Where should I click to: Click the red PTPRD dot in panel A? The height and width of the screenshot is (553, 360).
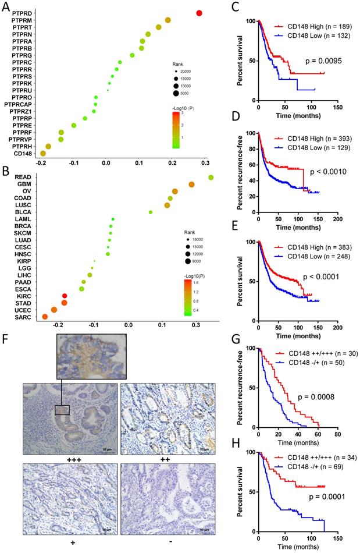tap(199, 13)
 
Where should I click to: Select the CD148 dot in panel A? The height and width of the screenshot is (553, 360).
tap(42, 153)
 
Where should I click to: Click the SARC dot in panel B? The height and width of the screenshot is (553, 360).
tap(45, 317)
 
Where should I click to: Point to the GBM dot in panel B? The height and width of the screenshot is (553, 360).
tap(191, 185)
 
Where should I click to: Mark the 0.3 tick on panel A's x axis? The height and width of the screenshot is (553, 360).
tap(205, 164)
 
